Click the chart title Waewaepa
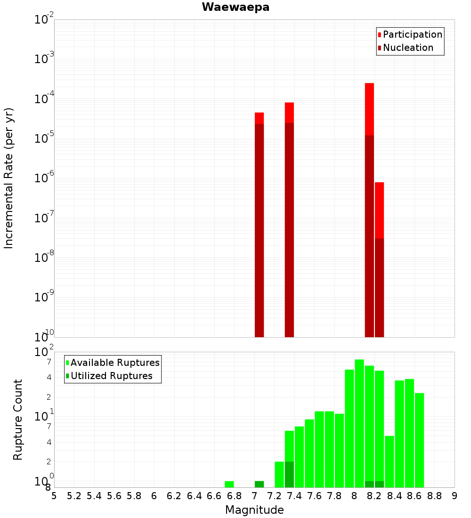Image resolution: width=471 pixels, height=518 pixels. click(x=235, y=7)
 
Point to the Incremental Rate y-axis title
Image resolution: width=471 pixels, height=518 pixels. click(x=9, y=178)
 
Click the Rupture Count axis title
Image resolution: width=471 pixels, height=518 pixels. click(x=18, y=420)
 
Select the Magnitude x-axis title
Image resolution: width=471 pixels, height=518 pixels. click(x=254, y=510)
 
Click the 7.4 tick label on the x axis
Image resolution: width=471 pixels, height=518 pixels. click(x=294, y=496)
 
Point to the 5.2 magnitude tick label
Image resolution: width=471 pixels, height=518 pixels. click(x=74, y=496)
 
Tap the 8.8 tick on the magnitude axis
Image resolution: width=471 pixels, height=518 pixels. click(x=434, y=496)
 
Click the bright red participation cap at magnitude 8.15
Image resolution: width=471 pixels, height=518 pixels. click(x=369, y=109)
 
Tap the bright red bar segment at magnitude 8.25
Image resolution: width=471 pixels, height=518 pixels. click(x=379, y=210)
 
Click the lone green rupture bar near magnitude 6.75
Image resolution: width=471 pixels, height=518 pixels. click(x=229, y=484)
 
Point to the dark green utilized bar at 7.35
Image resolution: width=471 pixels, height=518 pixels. click(x=289, y=474)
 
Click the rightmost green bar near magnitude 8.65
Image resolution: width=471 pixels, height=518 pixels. click(x=419, y=440)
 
